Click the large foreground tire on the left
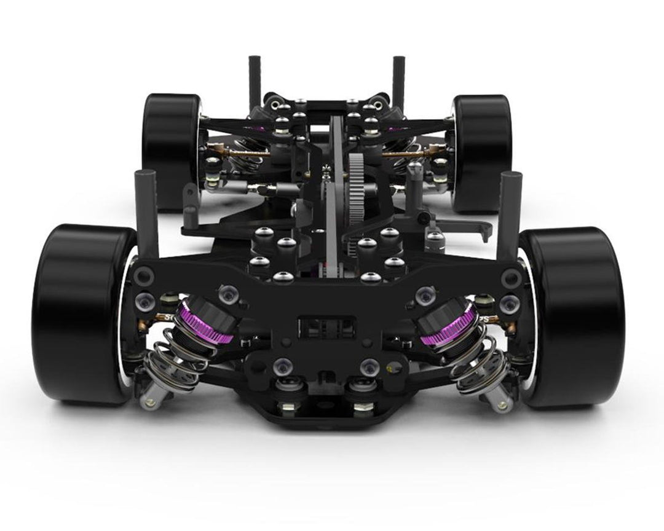[80, 313]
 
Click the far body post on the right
[398, 80]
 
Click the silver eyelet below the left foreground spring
[148, 403]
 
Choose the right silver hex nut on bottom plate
[363, 406]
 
